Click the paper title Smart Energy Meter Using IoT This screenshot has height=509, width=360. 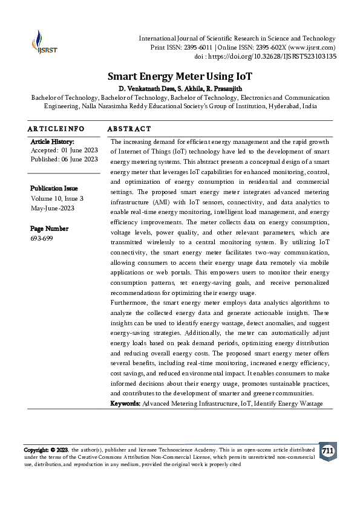(x=180, y=77)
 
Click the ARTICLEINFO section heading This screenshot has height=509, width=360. (x=56, y=129)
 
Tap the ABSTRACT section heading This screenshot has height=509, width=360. (x=129, y=129)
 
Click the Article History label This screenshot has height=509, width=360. (x=52, y=141)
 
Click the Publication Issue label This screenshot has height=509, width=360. (x=55, y=189)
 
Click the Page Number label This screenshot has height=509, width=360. (x=49, y=229)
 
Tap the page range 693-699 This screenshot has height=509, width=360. (x=42, y=238)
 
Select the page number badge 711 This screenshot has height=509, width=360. (x=327, y=452)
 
